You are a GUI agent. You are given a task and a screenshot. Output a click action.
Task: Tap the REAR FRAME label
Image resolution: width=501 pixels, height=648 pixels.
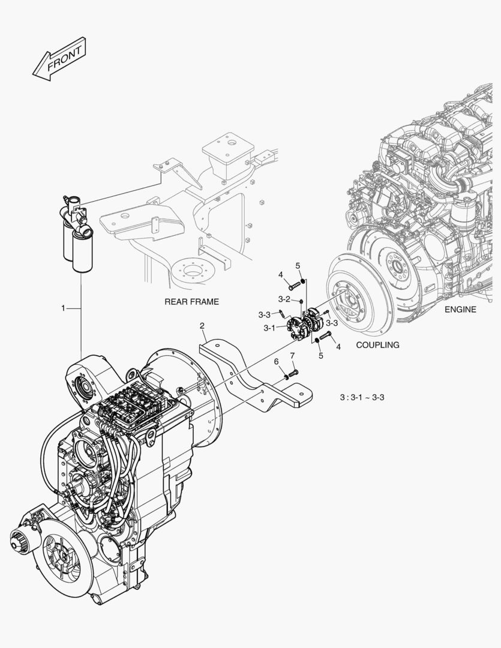tap(191, 302)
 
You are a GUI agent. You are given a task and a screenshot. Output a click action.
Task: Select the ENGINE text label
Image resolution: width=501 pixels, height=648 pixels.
tap(460, 310)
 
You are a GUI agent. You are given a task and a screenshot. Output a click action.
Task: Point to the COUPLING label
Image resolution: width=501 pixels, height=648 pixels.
tap(377, 345)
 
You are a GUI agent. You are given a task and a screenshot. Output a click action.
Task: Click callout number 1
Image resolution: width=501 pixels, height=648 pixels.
tap(62, 308)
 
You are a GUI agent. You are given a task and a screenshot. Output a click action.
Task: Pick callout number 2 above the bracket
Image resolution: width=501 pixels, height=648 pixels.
tap(202, 326)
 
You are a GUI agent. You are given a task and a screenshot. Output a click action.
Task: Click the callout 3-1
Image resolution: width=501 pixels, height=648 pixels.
tap(269, 328)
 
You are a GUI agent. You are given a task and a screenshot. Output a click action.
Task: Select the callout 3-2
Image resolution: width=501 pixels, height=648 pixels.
tap(284, 299)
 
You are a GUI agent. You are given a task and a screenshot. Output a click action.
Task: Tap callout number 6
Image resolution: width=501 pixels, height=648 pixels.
tap(276, 361)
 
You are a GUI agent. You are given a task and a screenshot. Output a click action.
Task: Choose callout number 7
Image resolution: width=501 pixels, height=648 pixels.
tap(292, 356)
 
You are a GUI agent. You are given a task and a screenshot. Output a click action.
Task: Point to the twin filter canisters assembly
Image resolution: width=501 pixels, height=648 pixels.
tap(76, 234)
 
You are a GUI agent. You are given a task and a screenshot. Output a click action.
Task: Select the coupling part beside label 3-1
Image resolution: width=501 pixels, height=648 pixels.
tap(293, 328)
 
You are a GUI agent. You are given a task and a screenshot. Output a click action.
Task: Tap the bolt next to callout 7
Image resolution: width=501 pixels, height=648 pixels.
tap(293, 374)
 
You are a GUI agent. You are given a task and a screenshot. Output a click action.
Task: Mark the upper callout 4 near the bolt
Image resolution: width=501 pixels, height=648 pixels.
tap(280, 275)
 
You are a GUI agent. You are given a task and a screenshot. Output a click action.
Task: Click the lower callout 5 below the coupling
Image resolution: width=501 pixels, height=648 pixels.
tap(320, 356)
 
